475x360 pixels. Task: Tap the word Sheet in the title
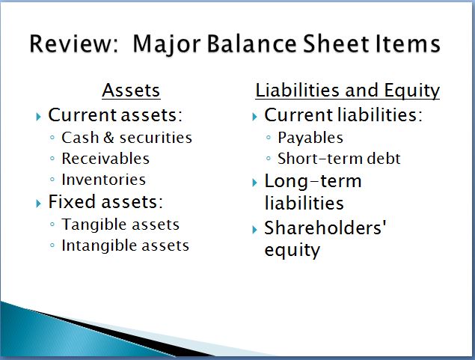[337, 43]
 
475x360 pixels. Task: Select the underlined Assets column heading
[131, 91]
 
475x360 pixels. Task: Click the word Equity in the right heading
[412, 91]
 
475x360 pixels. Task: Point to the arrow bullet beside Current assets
[38, 116]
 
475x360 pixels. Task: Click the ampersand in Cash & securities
[108, 138]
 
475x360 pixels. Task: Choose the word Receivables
[105, 159]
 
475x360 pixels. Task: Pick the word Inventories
[104, 180]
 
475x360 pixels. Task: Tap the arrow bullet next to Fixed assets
[38, 203]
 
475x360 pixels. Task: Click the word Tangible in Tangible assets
[94, 225]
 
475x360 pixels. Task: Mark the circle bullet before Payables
[268, 138]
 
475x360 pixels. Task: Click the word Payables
[310, 138]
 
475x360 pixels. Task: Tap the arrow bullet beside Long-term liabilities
[254, 183]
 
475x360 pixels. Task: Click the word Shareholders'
[325, 228]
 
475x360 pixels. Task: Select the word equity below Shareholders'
[292, 251]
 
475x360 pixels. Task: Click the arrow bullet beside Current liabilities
[254, 116]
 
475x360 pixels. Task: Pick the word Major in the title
[167, 45]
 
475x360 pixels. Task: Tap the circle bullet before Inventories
[52, 180]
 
